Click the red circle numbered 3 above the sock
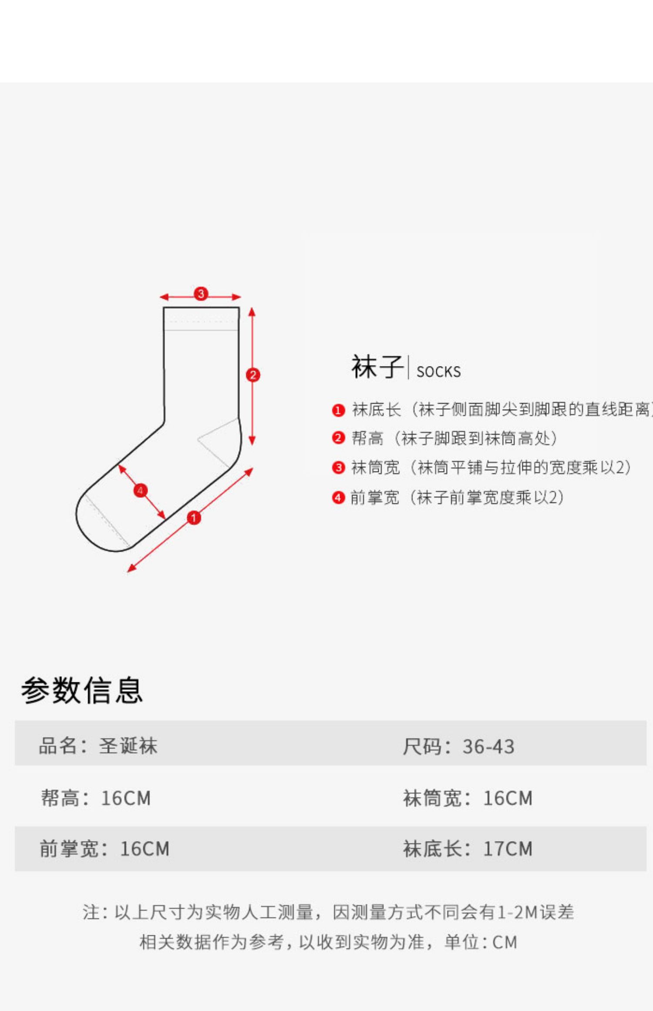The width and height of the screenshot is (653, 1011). [201, 294]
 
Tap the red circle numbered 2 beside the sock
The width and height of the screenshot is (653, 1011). [253, 375]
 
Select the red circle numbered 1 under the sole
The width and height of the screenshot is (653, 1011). [194, 518]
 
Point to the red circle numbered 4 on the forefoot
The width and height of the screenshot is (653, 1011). [140, 491]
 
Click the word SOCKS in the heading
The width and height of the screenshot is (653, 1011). [438, 372]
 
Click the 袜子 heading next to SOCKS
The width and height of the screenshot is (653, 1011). [377, 367]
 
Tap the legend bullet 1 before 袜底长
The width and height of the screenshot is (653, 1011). [338, 410]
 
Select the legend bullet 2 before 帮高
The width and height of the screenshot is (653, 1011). [338, 438]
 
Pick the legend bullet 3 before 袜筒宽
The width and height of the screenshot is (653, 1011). [338, 468]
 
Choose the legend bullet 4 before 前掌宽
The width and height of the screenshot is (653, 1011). [338, 497]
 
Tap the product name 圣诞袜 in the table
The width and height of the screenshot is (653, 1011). [128, 746]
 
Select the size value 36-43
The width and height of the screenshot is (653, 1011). [488, 747]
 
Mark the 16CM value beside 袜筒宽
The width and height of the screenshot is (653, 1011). [508, 798]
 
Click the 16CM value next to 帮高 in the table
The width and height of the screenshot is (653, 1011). [126, 798]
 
